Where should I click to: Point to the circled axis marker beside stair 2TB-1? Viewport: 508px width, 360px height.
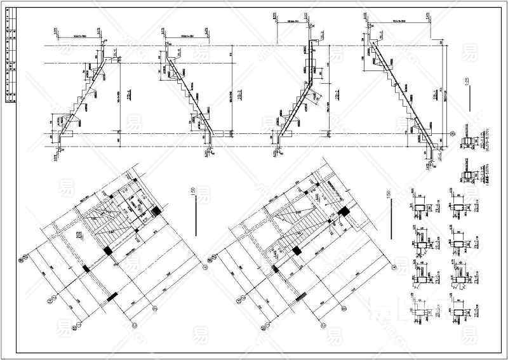[x=451, y=133]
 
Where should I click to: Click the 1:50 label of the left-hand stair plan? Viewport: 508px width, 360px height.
[x=190, y=192]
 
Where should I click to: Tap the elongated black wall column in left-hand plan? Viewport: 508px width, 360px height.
[x=112, y=295]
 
